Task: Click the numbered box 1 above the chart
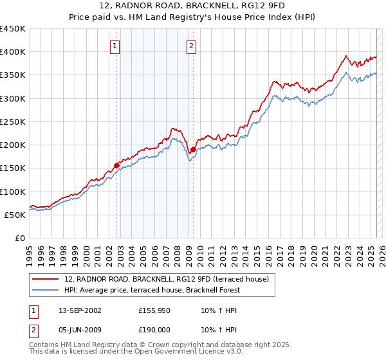(115, 46)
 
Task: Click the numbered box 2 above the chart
(192, 46)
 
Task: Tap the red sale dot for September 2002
(117, 165)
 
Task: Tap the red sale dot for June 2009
(193, 150)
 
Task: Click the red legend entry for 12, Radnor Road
(170, 279)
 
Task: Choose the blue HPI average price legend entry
(152, 290)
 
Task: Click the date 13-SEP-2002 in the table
(77, 310)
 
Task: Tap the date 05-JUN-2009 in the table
(77, 330)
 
